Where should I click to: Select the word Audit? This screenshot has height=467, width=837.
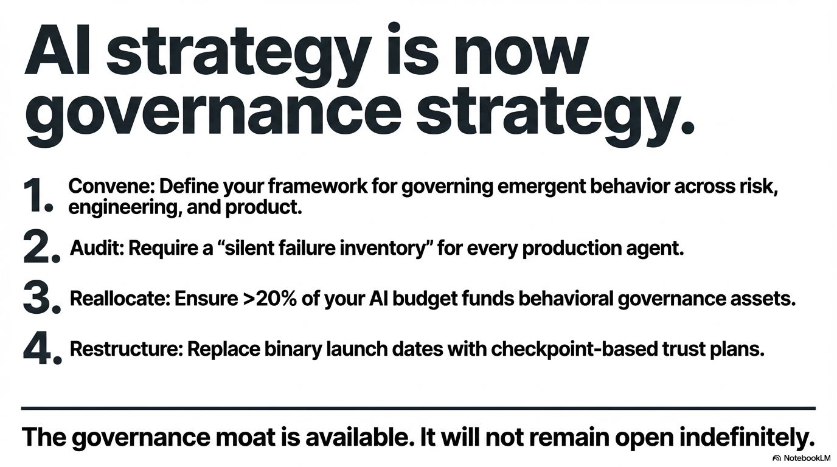pyautogui.click(x=97, y=247)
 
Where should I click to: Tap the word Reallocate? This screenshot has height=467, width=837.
pyautogui.click(x=120, y=299)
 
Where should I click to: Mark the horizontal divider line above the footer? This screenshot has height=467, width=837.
pyautogui.click(x=418, y=409)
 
